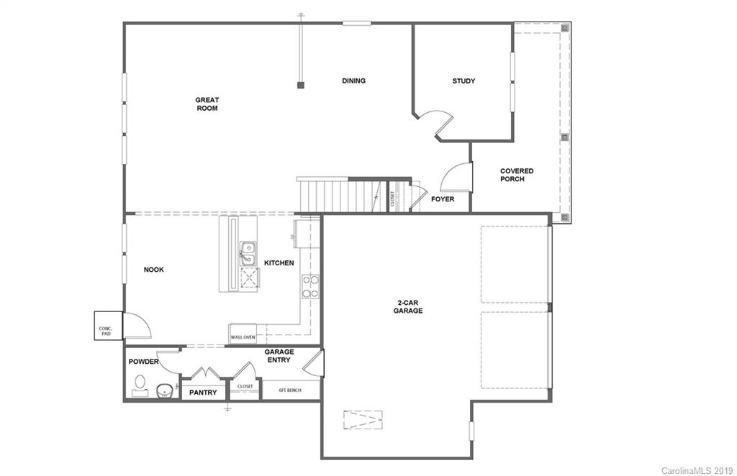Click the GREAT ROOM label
coord(207,104)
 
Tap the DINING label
coord(353,81)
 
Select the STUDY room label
coord(464,81)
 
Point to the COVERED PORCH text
coord(517,175)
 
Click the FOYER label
coord(443,199)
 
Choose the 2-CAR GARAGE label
coord(407,306)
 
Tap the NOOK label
coord(154,270)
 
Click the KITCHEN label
coord(279,263)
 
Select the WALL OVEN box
coord(243,337)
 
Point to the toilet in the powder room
coord(140,386)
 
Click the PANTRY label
coord(203,393)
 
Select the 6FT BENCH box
coord(291,391)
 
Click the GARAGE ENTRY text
coord(278,355)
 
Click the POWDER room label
coord(143,362)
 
